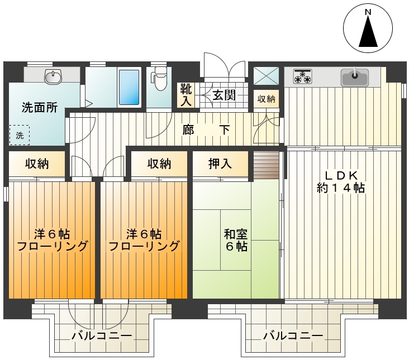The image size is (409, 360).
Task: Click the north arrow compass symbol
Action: coord(368,28)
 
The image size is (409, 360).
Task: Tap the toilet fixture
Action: coord(159,79)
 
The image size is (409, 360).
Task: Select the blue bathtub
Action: coord(129,87)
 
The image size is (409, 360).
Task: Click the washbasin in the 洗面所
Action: coord(53,76)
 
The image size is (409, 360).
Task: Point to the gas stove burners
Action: coord(303,76)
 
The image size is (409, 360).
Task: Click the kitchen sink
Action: coord(355,77)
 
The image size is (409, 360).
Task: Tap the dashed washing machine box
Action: coord(20,135)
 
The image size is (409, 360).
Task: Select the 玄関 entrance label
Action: coord(224,95)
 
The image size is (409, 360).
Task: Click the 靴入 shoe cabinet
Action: coord(186,95)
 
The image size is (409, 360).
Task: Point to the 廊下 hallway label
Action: coord(206,129)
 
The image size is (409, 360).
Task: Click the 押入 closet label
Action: coord(220,164)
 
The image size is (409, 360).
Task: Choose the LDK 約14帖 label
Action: coord(341,181)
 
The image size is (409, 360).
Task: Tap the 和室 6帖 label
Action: coord(236,240)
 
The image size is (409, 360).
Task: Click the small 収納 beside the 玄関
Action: coord(267,99)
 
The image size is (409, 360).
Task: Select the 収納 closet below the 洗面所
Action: coord(37,164)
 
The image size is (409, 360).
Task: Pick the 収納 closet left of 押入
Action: coord(159,164)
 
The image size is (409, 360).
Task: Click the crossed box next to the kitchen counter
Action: coord(267,75)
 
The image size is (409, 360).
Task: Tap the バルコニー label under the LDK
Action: coord(293,335)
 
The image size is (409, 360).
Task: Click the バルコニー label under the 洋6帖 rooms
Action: coord(102,335)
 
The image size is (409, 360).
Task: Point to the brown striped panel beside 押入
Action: coord(267,165)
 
